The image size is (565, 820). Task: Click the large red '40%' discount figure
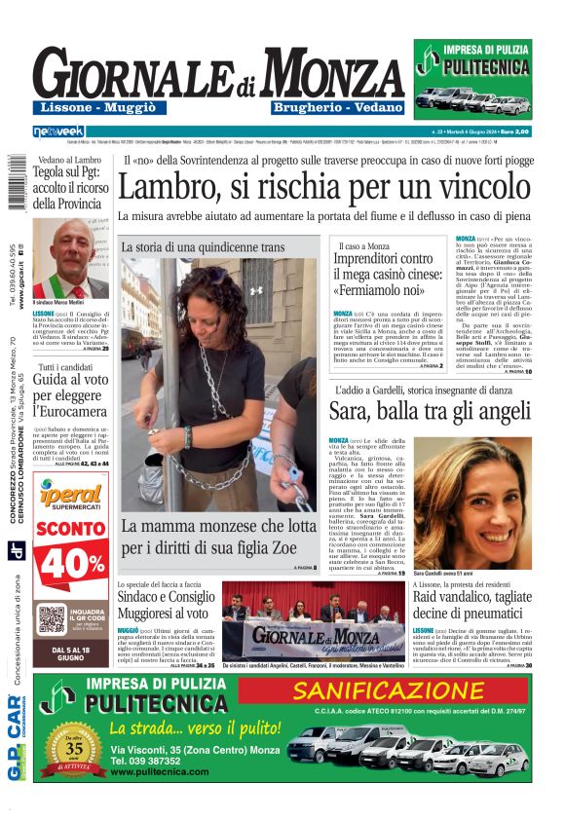click(x=70, y=562)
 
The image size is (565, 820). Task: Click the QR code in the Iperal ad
click(x=52, y=618)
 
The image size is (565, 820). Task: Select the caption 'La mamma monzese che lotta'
click(x=209, y=536)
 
